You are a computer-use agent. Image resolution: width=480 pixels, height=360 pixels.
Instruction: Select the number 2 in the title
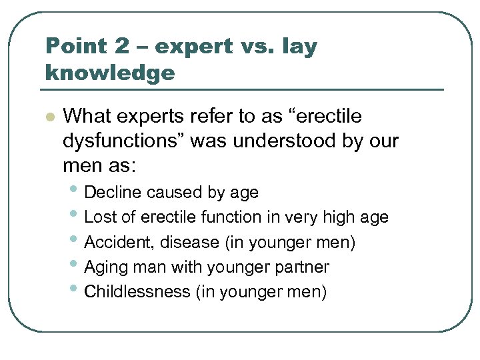121,47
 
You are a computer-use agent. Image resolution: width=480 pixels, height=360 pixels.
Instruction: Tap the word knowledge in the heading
110,72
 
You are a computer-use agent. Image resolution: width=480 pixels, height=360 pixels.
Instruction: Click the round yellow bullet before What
48,117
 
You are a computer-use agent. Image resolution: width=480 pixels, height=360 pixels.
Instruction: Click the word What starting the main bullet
87,116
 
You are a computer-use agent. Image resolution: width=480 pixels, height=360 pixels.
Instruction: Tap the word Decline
114,193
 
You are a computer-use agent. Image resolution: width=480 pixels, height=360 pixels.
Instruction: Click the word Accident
116,243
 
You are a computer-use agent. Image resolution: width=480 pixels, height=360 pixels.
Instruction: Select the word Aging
106,268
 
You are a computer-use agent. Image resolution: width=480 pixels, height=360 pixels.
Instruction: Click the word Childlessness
138,292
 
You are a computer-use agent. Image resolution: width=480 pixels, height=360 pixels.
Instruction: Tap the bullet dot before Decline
76,191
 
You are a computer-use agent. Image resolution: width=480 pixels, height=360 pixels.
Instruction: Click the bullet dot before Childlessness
76,291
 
